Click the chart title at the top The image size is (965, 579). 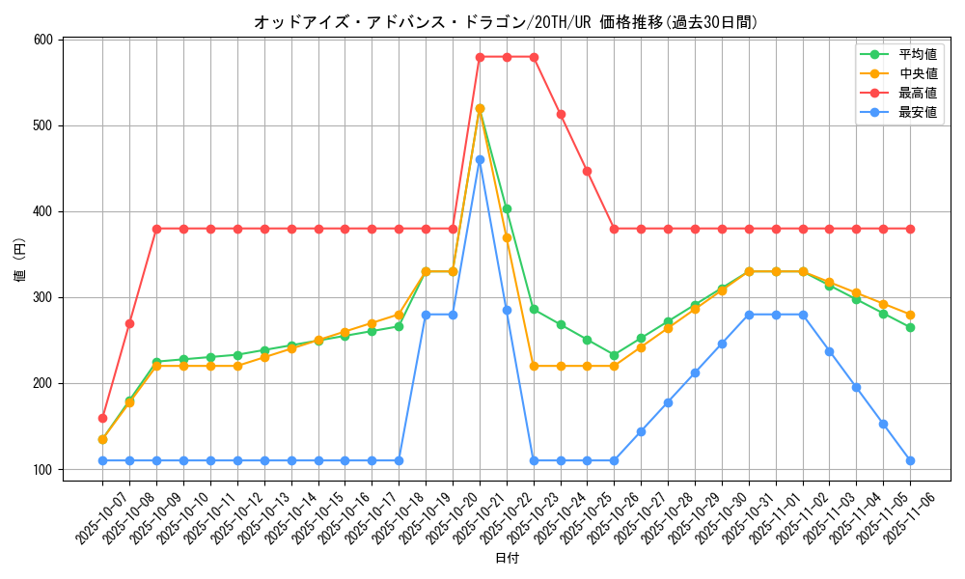click(x=506, y=21)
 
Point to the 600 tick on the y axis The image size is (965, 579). click(x=43, y=40)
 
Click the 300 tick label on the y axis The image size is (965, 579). click(x=43, y=297)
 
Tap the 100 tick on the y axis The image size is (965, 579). click(x=43, y=470)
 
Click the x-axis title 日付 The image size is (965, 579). click(x=507, y=559)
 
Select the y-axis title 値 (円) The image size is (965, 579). click(x=20, y=260)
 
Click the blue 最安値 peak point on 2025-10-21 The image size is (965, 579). click(x=480, y=159)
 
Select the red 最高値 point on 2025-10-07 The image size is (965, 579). click(x=102, y=418)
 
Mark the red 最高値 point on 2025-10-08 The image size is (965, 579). click(x=129, y=323)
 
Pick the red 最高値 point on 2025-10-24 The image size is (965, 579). click(x=561, y=114)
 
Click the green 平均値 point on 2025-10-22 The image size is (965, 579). click(x=507, y=208)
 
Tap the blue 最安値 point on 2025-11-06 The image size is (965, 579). click(x=910, y=460)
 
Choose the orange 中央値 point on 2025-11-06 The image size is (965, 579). click(x=910, y=315)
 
